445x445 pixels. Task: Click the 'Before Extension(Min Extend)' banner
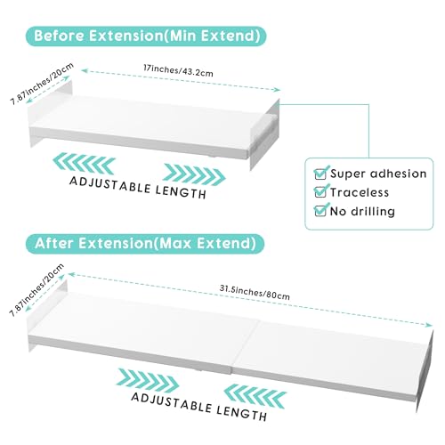point(146,36)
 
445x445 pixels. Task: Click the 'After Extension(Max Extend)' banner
point(145,244)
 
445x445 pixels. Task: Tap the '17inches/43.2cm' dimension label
point(178,71)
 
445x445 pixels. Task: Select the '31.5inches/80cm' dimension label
point(255,292)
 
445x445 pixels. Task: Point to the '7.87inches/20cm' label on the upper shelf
point(42,84)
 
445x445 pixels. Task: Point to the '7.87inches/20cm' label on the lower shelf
point(36,290)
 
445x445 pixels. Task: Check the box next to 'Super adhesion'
point(320,174)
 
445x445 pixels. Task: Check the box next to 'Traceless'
point(320,191)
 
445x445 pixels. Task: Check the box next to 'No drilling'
point(320,210)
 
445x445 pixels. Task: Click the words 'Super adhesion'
point(378,174)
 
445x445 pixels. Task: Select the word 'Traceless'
point(360,192)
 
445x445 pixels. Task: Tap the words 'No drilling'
point(362,212)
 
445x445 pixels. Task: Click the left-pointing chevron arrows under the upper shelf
point(84,163)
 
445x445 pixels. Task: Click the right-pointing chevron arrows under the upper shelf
point(194,175)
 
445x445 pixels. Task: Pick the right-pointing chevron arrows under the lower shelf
point(149,380)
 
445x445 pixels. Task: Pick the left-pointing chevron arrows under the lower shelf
point(255,396)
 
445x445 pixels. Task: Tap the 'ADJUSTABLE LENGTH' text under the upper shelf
point(138,188)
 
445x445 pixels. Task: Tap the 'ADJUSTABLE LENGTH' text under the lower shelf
point(199,407)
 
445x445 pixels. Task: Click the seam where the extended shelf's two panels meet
point(245,345)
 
